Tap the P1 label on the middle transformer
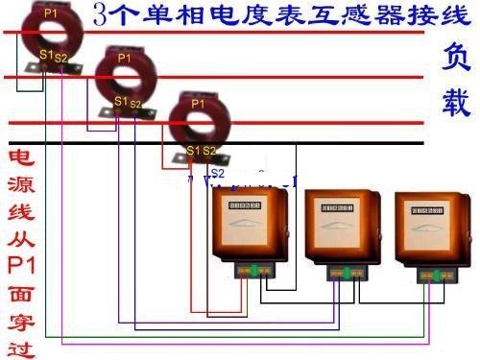pos(124,59)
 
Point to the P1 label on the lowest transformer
pos(198,103)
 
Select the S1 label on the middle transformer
pos(120,101)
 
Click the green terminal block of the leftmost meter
pos(254,270)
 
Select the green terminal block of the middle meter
pos(345,274)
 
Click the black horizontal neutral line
pos(288,143)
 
